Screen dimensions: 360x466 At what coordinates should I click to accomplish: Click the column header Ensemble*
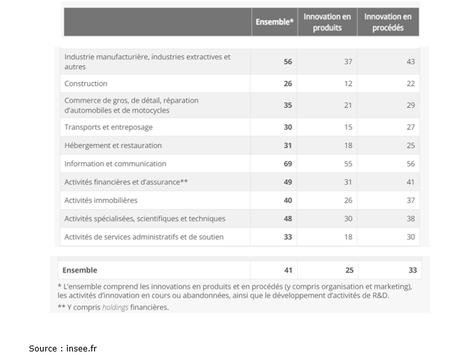[274, 22]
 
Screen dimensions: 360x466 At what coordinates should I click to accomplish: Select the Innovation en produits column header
[327, 22]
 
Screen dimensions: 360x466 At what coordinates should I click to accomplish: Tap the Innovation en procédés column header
[388, 22]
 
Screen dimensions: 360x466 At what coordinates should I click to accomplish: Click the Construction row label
[86, 84]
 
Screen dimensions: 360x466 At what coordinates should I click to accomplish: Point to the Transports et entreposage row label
[108, 127]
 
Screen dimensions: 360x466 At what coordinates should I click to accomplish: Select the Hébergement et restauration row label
[113, 146]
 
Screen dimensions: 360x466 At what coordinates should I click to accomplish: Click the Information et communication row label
[115, 164]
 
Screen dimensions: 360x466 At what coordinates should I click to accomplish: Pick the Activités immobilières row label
[101, 200]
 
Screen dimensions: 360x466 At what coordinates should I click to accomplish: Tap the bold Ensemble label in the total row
[80, 270]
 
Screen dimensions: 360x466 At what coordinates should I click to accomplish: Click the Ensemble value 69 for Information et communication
[288, 164]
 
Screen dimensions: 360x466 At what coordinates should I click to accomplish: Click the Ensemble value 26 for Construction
[288, 84]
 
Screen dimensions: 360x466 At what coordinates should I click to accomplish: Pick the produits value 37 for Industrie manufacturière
[348, 62]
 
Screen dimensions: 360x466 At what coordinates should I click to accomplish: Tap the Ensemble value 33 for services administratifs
[288, 237]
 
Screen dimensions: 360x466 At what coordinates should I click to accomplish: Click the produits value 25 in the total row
[349, 270]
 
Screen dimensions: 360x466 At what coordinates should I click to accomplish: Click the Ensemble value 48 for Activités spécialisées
[288, 219]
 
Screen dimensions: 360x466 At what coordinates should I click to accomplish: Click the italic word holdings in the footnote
[115, 307]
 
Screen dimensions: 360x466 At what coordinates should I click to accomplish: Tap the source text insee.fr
[82, 348]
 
